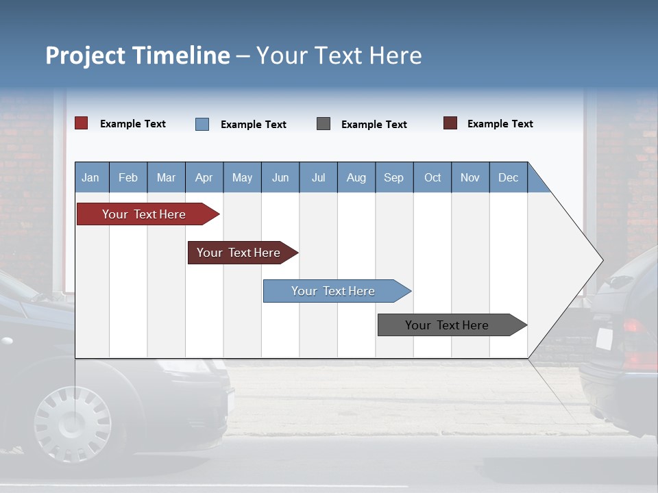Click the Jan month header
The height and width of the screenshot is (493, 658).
pyautogui.click(x=91, y=177)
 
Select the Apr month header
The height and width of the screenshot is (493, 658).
pyautogui.click(x=204, y=177)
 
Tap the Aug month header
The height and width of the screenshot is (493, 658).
pyautogui.click(x=356, y=177)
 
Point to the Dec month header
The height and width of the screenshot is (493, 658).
pyautogui.click(x=508, y=177)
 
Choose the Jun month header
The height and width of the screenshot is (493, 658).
pyautogui.click(x=280, y=177)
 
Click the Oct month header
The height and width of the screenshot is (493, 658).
pyautogui.click(x=432, y=177)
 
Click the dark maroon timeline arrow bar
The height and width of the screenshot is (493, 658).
pyautogui.click(x=240, y=253)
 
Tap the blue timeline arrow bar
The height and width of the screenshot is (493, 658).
pyautogui.click(x=334, y=291)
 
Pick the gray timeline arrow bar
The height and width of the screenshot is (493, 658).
pyautogui.click(x=449, y=325)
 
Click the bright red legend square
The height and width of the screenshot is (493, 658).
pyautogui.click(x=82, y=123)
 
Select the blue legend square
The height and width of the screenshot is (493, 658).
pyautogui.click(x=202, y=124)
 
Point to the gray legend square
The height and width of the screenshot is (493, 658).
pyautogui.click(x=324, y=124)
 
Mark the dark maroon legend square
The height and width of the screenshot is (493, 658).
pyautogui.click(x=450, y=123)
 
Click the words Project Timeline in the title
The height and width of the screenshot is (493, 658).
pyautogui.click(x=138, y=55)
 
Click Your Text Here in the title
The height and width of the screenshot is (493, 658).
pyautogui.click(x=339, y=55)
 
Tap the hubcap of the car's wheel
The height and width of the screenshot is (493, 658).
pyautogui.click(x=71, y=422)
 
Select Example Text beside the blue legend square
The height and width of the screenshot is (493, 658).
pyautogui.click(x=254, y=125)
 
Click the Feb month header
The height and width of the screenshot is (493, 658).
pyautogui.click(x=128, y=177)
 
